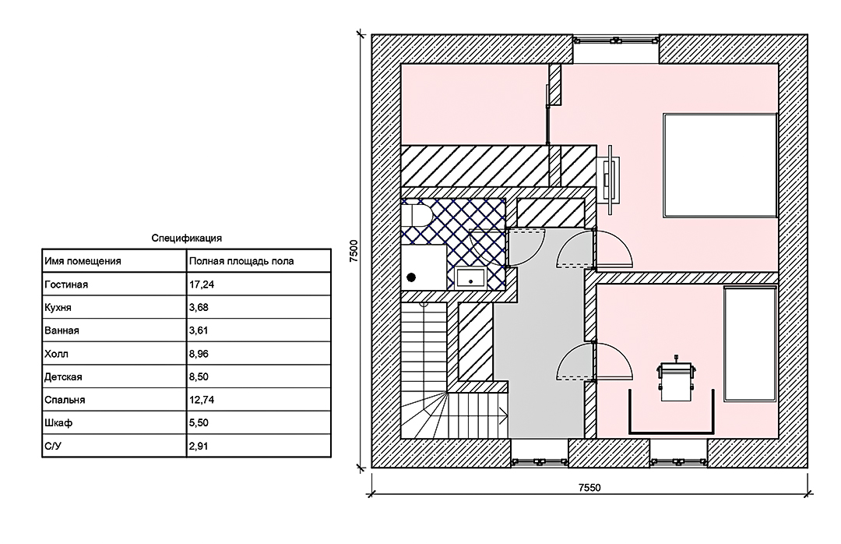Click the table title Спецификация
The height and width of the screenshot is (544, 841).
(x=186, y=238)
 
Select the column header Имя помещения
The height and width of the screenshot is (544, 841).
(x=83, y=261)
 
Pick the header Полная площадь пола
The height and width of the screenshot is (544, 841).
(x=241, y=261)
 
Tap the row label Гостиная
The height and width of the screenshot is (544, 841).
(x=66, y=284)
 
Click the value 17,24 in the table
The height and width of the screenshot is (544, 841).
(x=202, y=284)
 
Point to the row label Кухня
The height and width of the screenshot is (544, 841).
(x=58, y=308)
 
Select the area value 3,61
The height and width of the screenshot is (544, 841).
(x=199, y=330)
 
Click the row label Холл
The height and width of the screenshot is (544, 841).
(x=56, y=354)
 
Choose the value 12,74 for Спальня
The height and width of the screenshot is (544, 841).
(x=202, y=400)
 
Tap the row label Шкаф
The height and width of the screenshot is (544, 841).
(x=58, y=422)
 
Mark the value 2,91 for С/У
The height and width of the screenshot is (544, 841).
(x=199, y=446)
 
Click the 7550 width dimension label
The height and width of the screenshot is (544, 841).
(x=589, y=488)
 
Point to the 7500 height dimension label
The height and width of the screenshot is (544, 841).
(x=354, y=250)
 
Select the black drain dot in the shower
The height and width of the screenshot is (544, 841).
(x=411, y=277)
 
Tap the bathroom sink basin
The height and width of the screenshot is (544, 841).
(x=470, y=278)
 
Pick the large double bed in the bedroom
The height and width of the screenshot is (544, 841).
(x=720, y=165)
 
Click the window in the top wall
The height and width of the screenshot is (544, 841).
(x=616, y=40)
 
